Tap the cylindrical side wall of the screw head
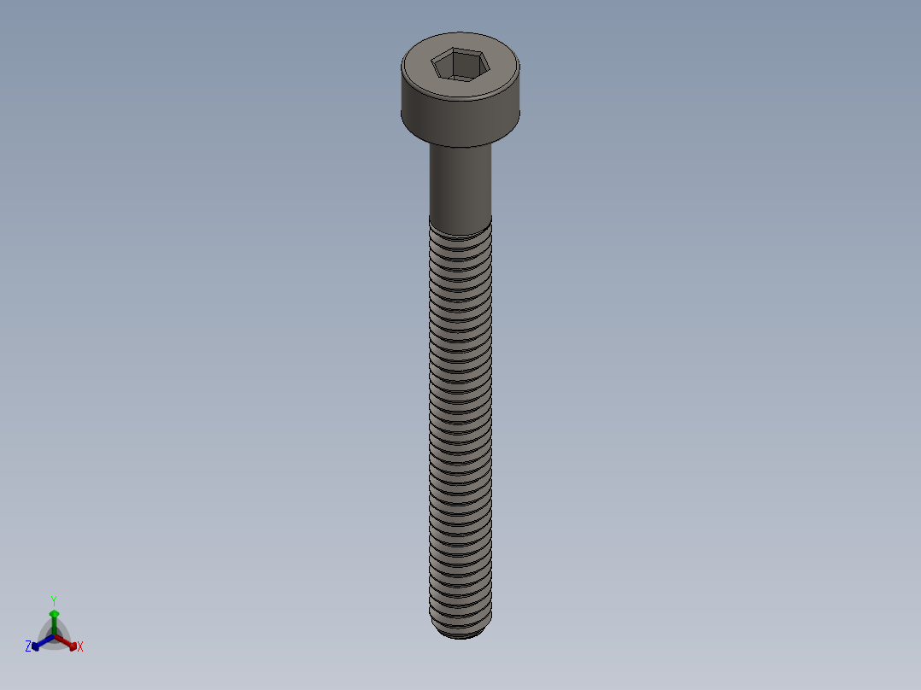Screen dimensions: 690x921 point(460,120)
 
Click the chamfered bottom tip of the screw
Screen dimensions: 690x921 point(460,633)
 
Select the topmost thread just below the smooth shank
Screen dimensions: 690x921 point(460,225)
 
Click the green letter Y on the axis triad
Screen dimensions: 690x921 point(54,600)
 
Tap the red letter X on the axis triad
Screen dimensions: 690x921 point(80,647)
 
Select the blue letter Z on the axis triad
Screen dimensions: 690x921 point(28,646)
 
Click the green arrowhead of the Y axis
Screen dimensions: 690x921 point(54,613)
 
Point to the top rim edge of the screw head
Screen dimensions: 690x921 point(460,38)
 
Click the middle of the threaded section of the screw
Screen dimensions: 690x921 point(460,427)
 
